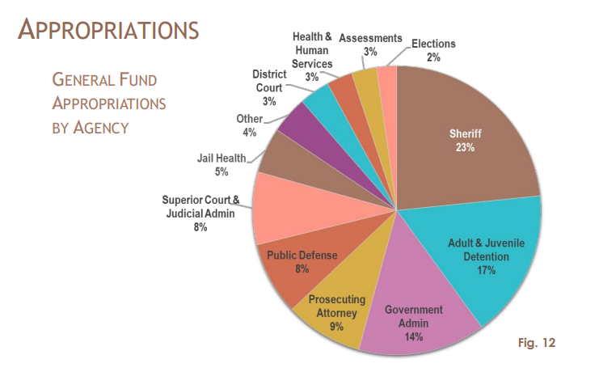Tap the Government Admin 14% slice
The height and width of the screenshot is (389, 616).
pos(413,319)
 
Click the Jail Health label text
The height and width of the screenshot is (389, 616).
pos(221,158)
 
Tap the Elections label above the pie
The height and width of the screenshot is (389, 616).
pos(433,44)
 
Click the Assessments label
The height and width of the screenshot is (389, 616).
pos(370,38)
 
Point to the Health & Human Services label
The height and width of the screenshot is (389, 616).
pos(311,50)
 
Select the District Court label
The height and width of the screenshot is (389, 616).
pos(269,81)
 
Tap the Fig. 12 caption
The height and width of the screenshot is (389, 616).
pos(536,343)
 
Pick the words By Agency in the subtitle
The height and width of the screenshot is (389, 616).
pos(91,128)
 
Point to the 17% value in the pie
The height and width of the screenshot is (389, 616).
pos(485,270)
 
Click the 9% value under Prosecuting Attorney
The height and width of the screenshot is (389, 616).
pos(336,327)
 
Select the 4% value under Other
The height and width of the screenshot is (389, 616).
pos(249,132)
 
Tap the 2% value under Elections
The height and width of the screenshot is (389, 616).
pos(433,57)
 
